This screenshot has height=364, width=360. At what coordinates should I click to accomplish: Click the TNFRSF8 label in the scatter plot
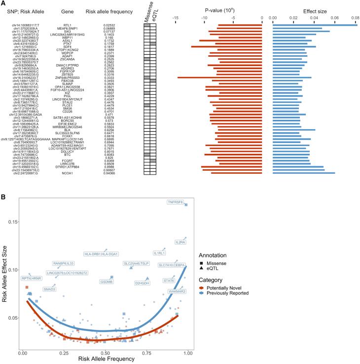(x=175, y=202)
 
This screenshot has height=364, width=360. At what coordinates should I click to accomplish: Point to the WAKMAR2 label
(x=177, y=291)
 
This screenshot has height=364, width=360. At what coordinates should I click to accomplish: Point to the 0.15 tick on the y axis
(x=13, y=222)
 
